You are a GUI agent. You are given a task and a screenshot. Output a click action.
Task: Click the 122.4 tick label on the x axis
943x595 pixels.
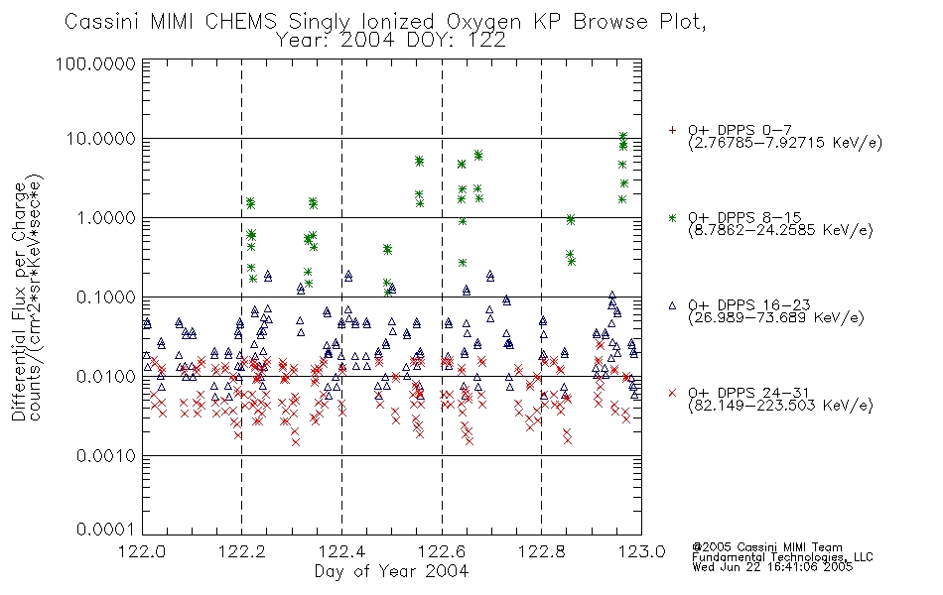coord(342,551)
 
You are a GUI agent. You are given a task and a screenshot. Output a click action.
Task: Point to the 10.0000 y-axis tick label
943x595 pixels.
coord(101,139)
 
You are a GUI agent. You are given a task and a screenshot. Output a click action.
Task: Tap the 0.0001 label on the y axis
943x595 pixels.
coord(106,530)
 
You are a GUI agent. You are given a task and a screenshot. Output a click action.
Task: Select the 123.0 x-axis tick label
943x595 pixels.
coord(641,551)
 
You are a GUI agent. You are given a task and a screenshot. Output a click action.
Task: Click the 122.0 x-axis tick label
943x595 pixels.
coord(143,551)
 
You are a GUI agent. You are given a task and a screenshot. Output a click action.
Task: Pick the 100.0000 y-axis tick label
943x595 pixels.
coord(96,63)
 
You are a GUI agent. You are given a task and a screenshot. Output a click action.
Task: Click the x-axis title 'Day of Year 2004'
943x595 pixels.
coord(391,571)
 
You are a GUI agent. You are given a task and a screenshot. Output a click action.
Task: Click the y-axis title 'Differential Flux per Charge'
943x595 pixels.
coord(19,300)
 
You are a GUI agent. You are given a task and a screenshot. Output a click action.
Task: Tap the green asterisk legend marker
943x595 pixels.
coord(672,217)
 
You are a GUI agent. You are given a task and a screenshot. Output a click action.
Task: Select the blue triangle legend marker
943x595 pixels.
coord(672,305)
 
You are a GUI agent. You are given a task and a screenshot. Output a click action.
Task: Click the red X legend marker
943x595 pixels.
coord(672,393)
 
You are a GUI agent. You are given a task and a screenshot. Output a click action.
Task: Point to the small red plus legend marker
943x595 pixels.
coord(672,130)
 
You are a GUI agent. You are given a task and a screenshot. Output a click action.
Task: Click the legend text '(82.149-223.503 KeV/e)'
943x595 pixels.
coord(780,406)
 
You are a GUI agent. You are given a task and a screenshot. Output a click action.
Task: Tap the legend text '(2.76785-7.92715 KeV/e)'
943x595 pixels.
coord(785,143)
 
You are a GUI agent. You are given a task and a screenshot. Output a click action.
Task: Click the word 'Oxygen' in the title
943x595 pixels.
coord(483,22)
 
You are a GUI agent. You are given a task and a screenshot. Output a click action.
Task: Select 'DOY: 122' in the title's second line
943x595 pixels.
coord(457,41)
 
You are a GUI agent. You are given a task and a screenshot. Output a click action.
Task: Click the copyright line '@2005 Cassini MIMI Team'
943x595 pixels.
coord(767,547)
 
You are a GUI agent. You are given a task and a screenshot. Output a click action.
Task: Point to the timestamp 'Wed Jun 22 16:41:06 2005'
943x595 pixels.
coord(773,567)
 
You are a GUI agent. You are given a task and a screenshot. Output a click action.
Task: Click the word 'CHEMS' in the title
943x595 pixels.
coord(240,22)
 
